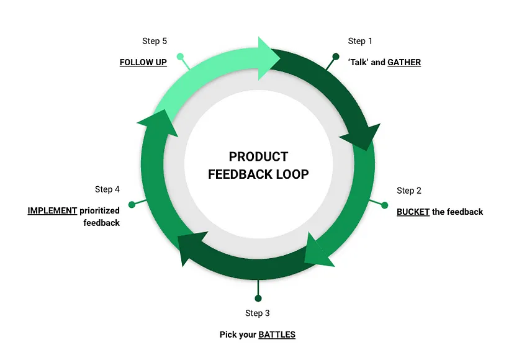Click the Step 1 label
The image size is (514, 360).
click(x=360, y=41)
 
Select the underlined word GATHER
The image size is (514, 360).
click(x=404, y=62)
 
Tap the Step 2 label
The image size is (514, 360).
click(x=409, y=191)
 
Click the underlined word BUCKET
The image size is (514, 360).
click(x=413, y=212)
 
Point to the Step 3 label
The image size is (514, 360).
click(x=258, y=313)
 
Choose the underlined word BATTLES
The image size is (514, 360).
click(x=277, y=335)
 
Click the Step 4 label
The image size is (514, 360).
click(x=107, y=189)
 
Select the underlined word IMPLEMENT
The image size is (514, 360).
click(x=52, y=210)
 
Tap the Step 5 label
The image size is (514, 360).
click(x=155, y=41)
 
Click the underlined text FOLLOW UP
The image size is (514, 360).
click(x=143, y=62)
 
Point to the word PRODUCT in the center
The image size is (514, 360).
click(x=258, y=156)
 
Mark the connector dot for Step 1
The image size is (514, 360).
click(x=336, y=56)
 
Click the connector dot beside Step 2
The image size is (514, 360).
click(x=385, y=205)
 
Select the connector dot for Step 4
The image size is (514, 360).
click(x=132, y=204)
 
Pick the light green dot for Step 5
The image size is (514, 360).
click(x=180, y=56)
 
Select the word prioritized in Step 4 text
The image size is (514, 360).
click(x=100, y=210)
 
